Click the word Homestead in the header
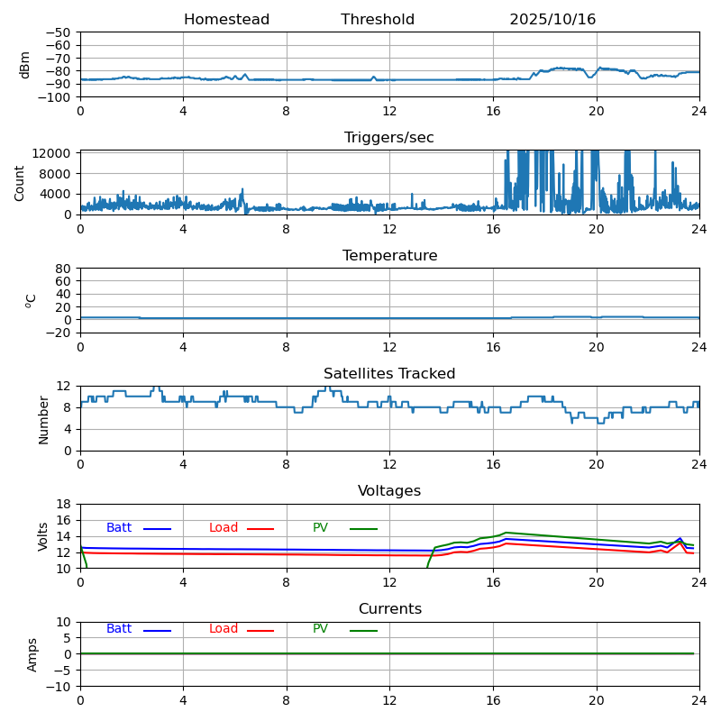tap(226, 20)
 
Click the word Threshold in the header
tap(378, 20)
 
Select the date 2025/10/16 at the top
tap(552, 20)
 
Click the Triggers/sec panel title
tap(389, 138)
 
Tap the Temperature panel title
tap(389, 256)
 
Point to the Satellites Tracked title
tap(389, 374)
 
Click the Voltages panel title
tap(389, 491)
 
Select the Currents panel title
tap(389, 609)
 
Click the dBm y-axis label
tap(25, 64)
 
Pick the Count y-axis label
tap(20, 182)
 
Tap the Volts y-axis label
tap(43, 536)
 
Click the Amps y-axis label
tap(32, 654)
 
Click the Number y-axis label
tap(43, 419)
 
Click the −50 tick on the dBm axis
tap(59, 32)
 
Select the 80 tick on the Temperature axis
tap(64, 269)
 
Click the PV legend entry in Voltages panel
tap(321, 528)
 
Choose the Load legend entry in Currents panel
tap(224, 629)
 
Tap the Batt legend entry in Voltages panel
tap(119, 528)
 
